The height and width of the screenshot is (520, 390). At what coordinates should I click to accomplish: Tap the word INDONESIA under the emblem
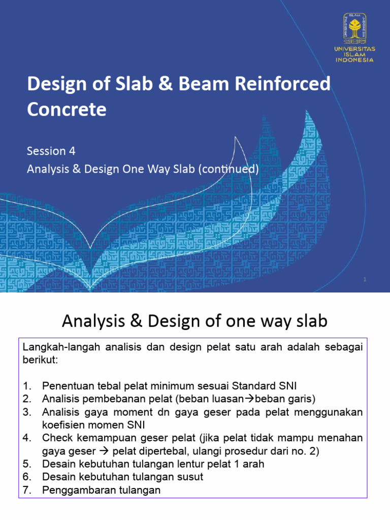(x=354, y=59)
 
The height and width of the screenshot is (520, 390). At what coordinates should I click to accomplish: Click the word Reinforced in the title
(x=285, y=84)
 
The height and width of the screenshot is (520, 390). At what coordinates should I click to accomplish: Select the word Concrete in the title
(x=67, y=109)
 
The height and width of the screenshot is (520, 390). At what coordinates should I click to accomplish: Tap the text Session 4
(x=47, y=151)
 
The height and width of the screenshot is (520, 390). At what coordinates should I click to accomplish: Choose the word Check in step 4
(x=56, y=438)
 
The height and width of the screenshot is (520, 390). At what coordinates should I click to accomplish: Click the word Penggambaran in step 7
(x=74, y=490)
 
